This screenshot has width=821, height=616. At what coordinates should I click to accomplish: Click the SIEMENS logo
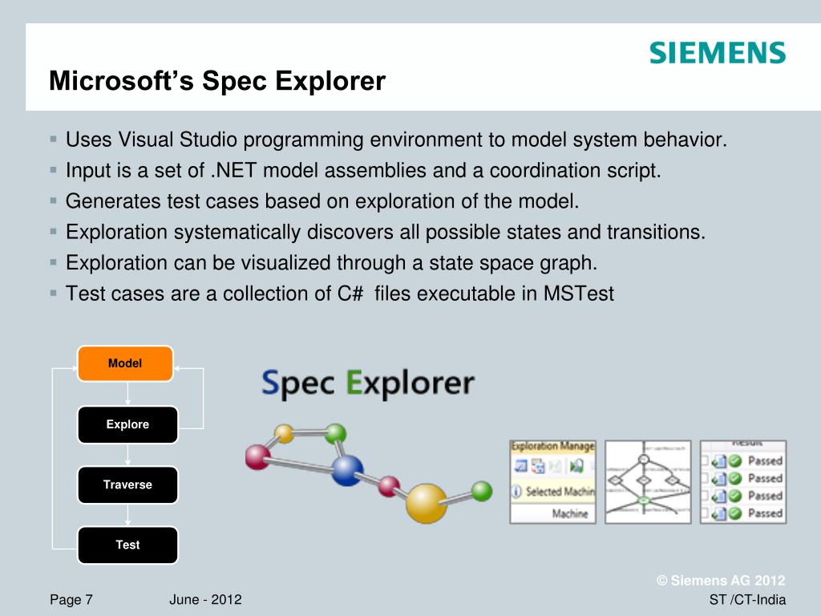click(717, 53)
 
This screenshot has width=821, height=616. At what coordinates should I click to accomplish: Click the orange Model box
click(125, 363)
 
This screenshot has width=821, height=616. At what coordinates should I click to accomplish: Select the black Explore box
click(127, 424)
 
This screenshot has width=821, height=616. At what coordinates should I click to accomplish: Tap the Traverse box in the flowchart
click(127, 484)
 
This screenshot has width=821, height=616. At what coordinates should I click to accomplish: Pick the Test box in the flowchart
click(127, 545)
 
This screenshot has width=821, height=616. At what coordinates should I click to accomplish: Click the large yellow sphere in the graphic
click(426, 504)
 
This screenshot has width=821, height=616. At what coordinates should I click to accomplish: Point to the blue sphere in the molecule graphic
click(347, 469)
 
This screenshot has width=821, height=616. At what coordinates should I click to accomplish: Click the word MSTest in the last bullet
click(578, 294)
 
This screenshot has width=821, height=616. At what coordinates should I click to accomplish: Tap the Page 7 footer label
click(71, 600)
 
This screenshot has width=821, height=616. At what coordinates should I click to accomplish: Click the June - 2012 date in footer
click(206, 600)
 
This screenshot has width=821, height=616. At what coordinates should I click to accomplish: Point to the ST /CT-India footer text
click(747, 600)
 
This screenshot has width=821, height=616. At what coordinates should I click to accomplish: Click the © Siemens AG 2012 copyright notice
click(721, 581)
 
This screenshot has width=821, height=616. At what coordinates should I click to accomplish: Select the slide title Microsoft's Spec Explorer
click(217, 81)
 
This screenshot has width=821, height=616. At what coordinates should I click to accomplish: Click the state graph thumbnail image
click(647, 481)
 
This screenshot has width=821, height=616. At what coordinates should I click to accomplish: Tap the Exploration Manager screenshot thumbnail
click(552, 481)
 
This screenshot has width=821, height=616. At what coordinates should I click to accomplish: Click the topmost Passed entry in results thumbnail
click(764, 460)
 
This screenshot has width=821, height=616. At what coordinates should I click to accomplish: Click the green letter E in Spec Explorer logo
click(355, 383)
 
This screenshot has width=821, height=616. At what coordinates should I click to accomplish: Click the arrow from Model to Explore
click(127, 394)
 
